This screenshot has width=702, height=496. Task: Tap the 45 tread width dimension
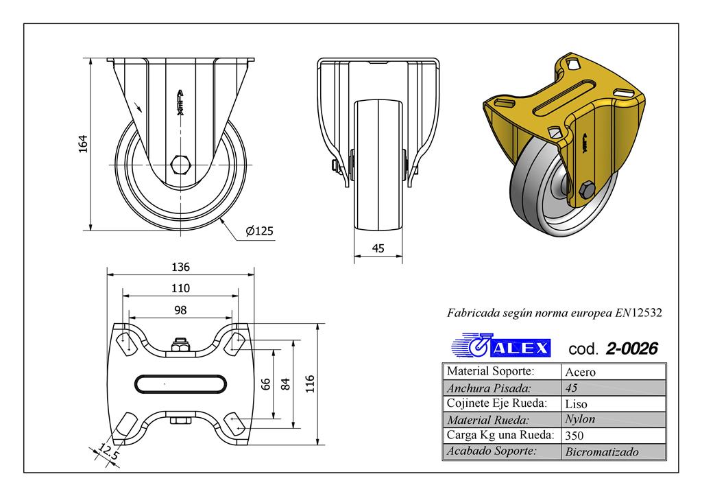click(x=378, y=248)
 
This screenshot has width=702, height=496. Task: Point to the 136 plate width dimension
click(x=180, y=267)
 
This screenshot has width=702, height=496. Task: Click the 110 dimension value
click(x=180, y=288)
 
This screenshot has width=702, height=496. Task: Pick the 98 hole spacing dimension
click(x=180, y=310)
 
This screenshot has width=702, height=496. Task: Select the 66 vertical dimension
click(x=266, y=384)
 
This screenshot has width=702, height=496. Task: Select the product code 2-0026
click(x=631, y=349)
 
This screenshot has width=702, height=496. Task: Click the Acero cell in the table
click(x=580, y=373)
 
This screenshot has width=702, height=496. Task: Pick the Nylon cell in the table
click(x=580, y=419)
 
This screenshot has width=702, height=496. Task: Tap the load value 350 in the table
click(x=574, y=436)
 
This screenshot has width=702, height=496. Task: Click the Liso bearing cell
click(x=576, y=403)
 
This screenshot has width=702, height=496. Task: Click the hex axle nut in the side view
click(x=180, y=165)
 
